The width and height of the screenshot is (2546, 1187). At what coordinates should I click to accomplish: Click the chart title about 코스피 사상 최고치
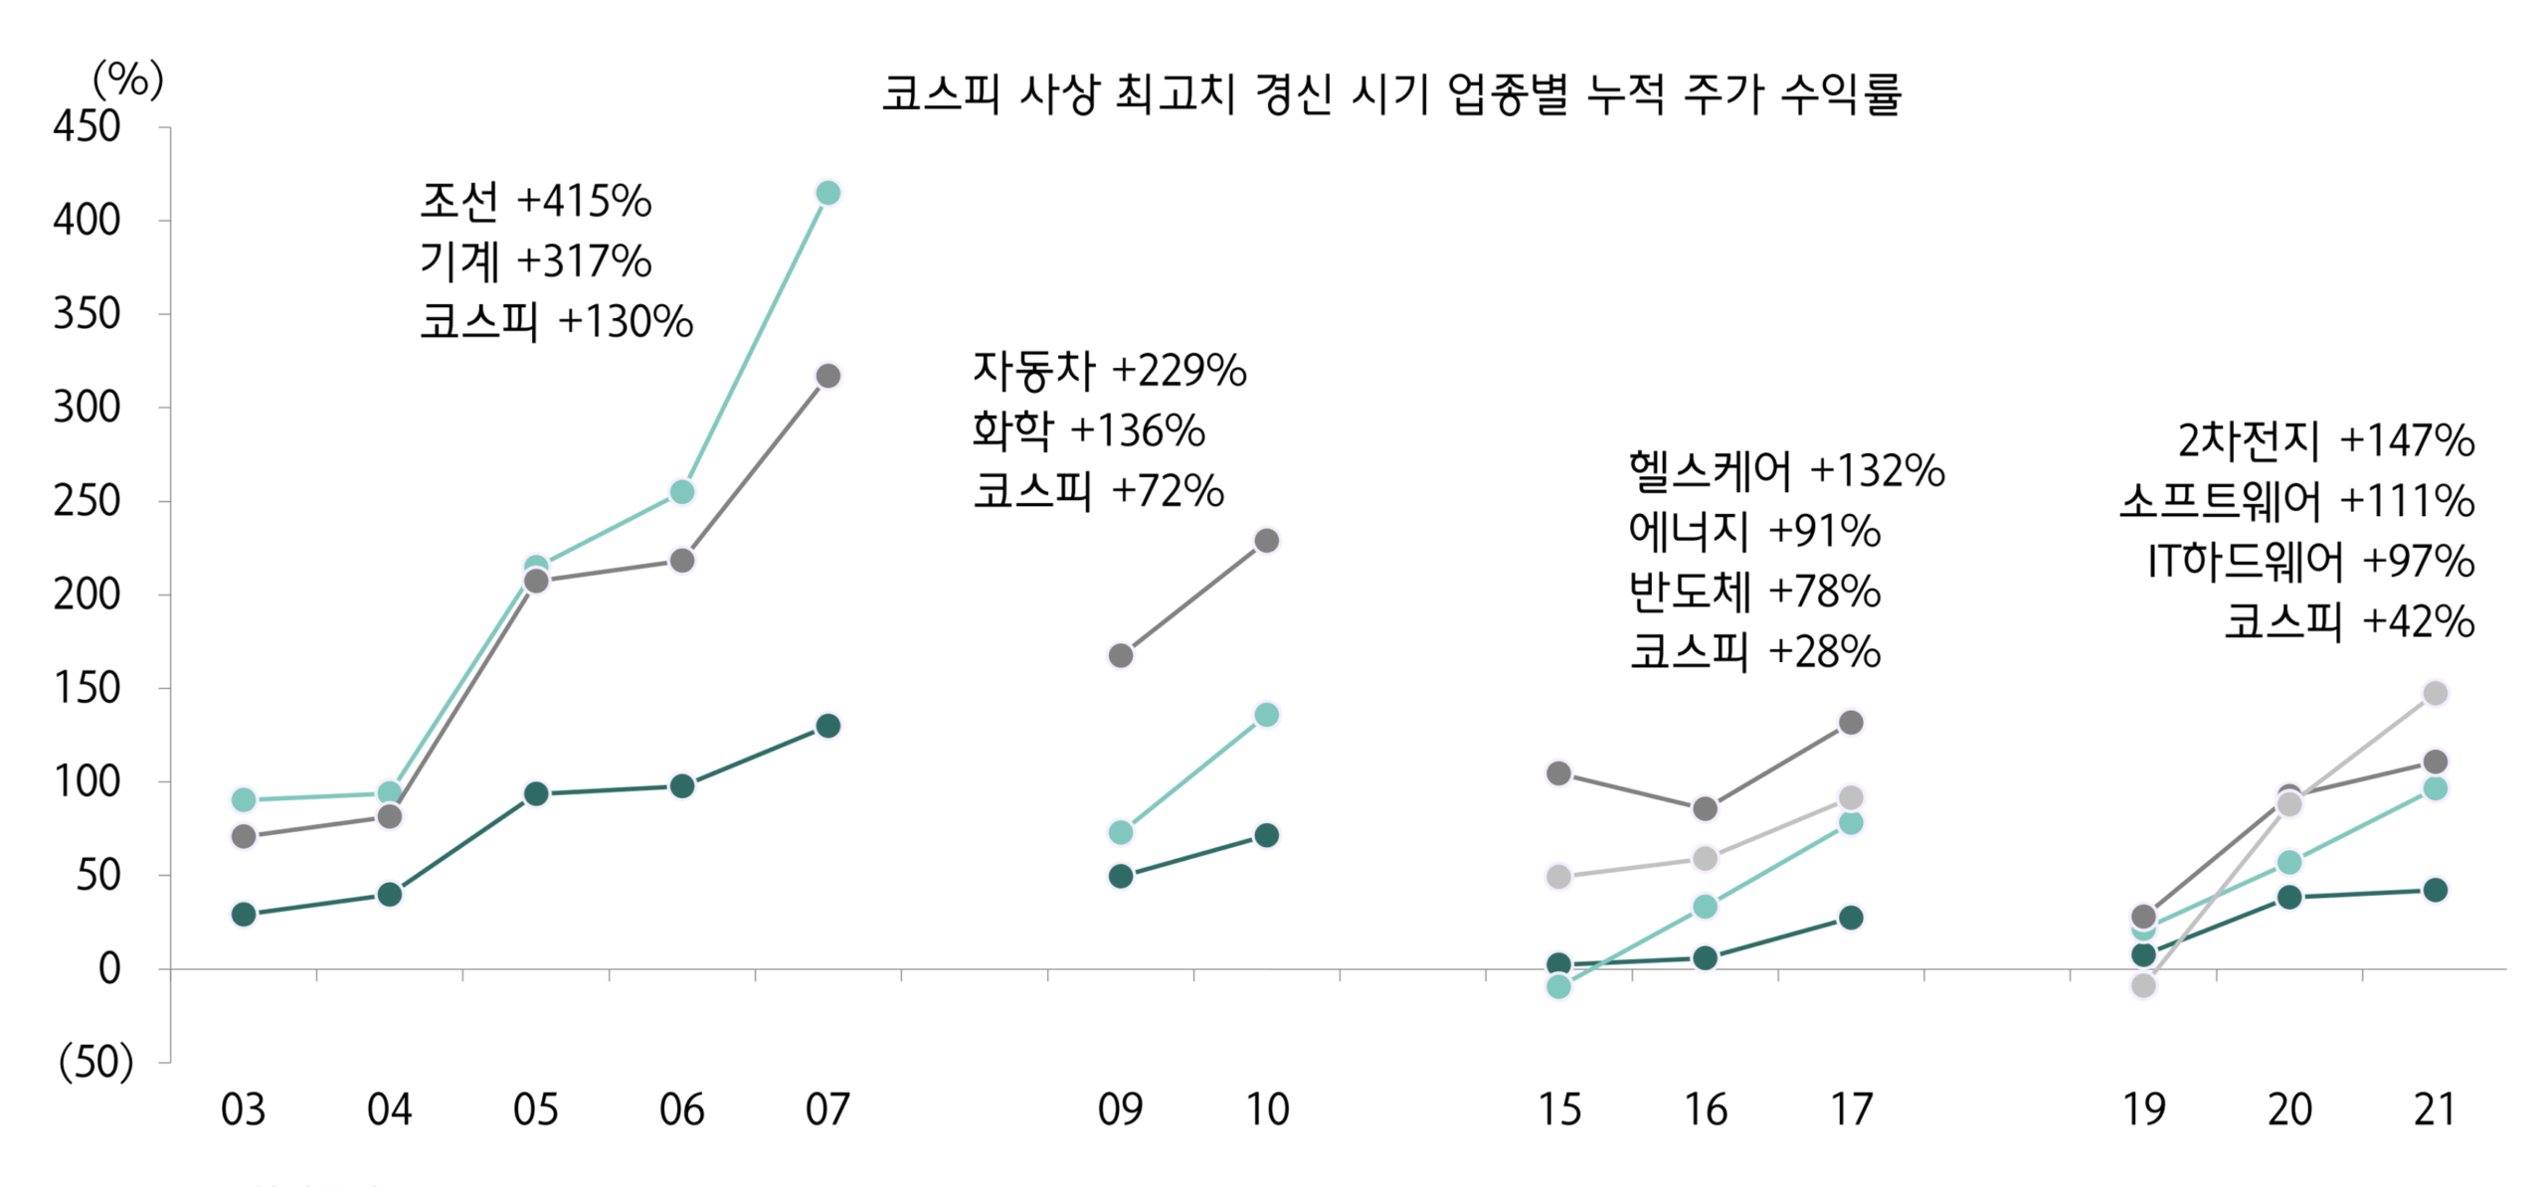[x=1390, y=95]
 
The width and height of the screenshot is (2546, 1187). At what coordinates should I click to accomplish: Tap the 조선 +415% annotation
[x=535, y=201]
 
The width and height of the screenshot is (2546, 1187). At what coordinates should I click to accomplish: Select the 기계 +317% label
[x=535, y=261]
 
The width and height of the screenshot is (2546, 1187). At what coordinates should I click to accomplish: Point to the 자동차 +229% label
[x=1109, y=370]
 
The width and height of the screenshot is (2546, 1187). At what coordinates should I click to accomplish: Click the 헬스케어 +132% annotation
[x=1786, y=470]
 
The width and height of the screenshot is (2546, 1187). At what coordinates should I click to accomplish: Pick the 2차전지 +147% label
[x=2325, y=440]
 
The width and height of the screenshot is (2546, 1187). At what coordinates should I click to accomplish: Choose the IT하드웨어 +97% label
[x=2309, y=562]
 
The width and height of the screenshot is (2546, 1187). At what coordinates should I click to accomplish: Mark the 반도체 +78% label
[x=1754, y=592]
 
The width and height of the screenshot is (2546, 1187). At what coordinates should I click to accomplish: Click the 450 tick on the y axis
[x=88, y=127]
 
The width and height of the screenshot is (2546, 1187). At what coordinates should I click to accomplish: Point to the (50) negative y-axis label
[x=95, y=1062]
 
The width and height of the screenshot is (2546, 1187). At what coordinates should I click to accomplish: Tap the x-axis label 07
[x=827, y=1109]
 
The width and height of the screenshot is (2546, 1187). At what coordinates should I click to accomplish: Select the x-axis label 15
[x=1558, y=1109]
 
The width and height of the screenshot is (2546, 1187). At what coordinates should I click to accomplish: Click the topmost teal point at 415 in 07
[x=827, y=193]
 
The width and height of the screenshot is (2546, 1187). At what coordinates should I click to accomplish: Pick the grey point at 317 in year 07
[x=827, y=376]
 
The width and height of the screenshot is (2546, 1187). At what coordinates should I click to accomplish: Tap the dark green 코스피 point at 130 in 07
[x=827, y=726]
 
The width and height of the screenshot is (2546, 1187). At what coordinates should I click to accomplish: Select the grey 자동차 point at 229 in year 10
[x=1266, y=541]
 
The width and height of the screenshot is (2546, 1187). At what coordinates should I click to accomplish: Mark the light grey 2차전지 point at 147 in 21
[x=2435, y=693]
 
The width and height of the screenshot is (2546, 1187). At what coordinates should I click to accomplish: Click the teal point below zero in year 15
[x=1558, y=986]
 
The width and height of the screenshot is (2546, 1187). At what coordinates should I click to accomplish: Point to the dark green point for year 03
[x=244, y=914]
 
